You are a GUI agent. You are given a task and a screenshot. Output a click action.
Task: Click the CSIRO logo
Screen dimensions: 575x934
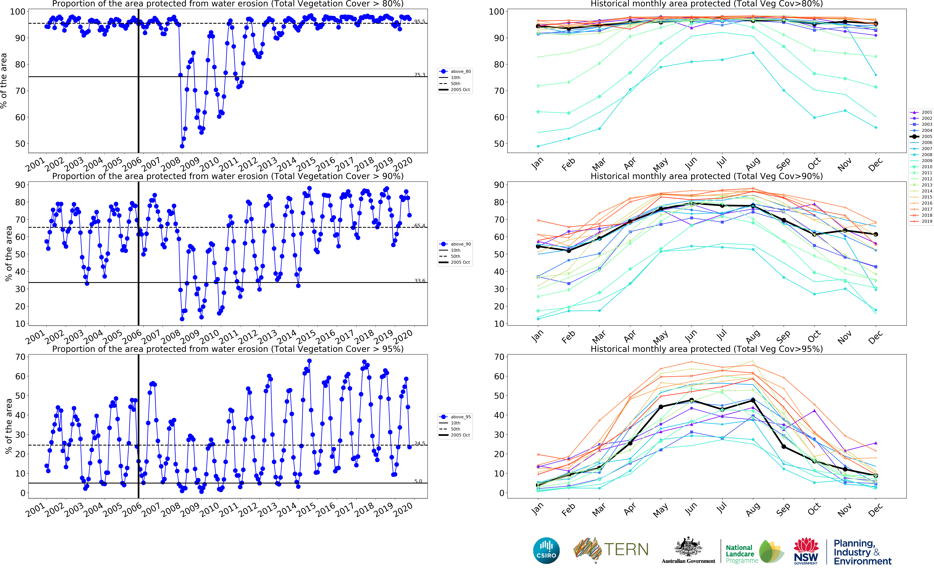546,551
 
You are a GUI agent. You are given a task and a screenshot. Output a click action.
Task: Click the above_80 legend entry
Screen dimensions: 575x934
455,72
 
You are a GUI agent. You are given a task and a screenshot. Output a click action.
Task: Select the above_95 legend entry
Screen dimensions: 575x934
455,417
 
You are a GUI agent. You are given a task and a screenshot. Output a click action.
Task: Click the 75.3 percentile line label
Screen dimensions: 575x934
420,75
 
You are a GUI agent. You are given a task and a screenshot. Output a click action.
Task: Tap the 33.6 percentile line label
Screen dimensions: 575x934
420,281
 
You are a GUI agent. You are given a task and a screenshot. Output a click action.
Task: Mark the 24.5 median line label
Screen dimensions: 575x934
420,443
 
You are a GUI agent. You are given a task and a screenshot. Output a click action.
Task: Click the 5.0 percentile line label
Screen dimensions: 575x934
418,481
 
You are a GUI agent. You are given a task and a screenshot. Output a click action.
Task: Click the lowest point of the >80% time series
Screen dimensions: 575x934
182,146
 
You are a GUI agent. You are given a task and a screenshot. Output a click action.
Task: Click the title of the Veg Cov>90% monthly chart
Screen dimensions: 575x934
707,176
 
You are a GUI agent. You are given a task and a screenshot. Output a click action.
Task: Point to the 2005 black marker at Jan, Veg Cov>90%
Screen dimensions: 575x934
538,246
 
